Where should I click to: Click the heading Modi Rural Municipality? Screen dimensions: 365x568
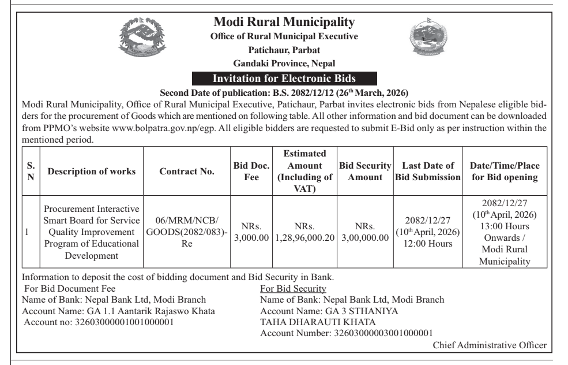(284, 23)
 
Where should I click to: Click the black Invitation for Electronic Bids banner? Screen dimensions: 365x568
(284, 79)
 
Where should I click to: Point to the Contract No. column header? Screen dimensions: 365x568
(187, 172)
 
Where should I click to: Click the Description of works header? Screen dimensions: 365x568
(92, 172)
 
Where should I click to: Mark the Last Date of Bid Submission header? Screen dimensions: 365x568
(427, 172)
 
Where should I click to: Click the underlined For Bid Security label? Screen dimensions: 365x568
(294, 288)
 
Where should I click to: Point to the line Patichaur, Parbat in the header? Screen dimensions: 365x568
(284, 50)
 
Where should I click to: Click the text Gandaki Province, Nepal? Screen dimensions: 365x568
(284, 63)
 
